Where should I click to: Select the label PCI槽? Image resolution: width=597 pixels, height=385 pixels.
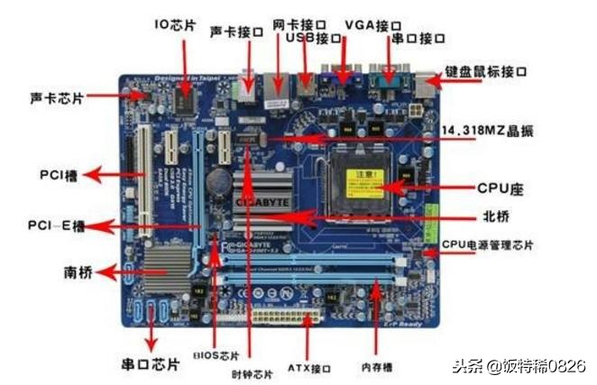tap(62, 174)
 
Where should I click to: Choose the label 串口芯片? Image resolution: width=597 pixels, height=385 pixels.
tap(150, 365)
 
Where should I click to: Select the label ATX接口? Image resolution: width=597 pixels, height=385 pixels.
tap(310, 369)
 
